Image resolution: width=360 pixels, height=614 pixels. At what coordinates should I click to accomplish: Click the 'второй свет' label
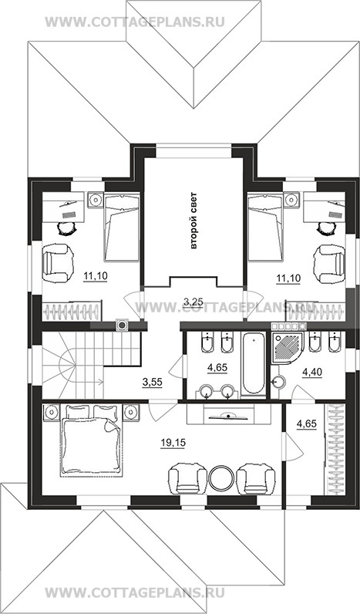pyautogui.click(x=194, y=221)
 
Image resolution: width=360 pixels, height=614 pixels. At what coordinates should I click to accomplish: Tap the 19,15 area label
pyautogui.click(x=173, y=443)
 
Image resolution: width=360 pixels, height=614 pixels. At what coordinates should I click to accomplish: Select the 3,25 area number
pyautogui.click(x=193, y=302)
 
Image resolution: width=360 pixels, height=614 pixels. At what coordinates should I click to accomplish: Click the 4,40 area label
pyautogui.click(x=312, y=373)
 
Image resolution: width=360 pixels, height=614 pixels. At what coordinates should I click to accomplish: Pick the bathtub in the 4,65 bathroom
pyautogui.click(x=253, y=363)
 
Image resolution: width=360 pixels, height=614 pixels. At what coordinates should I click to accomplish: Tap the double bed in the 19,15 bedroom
pyautogui.click(x=91, y=442)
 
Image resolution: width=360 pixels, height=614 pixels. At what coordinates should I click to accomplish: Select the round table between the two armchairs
pyautogui.click(x=222, y=477)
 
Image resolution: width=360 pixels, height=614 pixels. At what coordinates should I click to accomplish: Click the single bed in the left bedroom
pyautogui.click(x=122, y=227)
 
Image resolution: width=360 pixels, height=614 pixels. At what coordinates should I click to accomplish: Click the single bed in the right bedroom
pyautogui.click(x=266, y=227)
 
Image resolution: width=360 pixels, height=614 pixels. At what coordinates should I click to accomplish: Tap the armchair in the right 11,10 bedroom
pyautogui.click(x=330, y=264)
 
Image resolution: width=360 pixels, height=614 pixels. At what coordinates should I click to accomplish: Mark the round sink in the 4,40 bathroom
pyautogui.click(x=278, y=382)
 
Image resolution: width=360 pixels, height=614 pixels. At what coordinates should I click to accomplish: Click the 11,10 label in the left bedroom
pyautogui.click(x=96, y=277)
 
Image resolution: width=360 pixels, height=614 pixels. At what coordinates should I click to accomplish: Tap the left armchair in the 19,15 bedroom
pyautogui.click(x=187, y=477)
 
